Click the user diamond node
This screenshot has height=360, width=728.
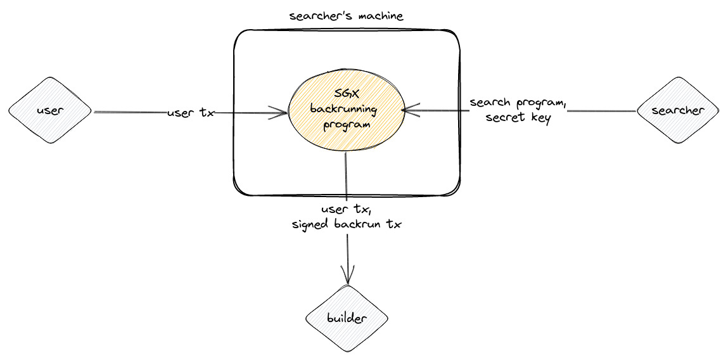point(50,110)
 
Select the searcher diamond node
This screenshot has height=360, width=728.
point(677,110)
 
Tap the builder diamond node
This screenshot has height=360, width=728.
point(347,318)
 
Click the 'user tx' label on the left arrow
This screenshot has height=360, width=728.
point(191,113)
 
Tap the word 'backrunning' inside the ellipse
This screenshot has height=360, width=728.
point(343,109)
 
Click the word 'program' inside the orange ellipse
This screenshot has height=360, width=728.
point(346,124)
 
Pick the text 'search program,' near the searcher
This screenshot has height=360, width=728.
point(518,103)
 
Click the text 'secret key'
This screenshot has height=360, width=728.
point(518,117)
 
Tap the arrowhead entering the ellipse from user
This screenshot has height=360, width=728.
point(282,113)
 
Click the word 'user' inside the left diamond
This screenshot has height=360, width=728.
point(50,110)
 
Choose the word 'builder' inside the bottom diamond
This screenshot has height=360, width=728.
point(347,318)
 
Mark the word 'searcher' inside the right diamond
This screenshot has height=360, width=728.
point(677,110)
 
